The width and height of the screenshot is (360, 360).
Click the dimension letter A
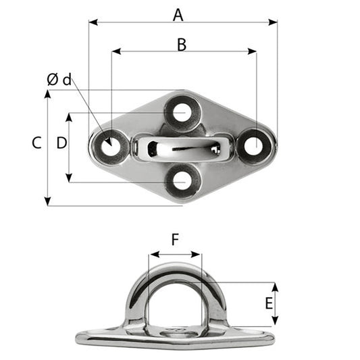click(178, 14)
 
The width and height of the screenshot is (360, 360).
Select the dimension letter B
click(181, 44)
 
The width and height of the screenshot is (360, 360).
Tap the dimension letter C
click(36, 143)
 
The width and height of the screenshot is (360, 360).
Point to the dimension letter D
click(61, 143)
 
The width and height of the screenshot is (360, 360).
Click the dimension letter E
click(269, 303)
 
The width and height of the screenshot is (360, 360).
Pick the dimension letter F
click(175, 240)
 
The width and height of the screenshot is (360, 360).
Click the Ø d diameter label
click(59, 80)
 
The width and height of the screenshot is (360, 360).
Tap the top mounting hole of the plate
click(181, 112)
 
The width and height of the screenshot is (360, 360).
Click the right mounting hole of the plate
click(253, 145)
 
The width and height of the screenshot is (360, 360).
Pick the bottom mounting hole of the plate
click(181, 180)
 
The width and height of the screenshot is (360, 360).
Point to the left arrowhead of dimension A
click(92, 22)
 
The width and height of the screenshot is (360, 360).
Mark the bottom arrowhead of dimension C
click(47, 202)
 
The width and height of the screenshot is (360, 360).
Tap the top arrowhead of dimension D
click(69, 116)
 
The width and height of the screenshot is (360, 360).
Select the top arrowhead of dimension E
click(275, 286)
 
